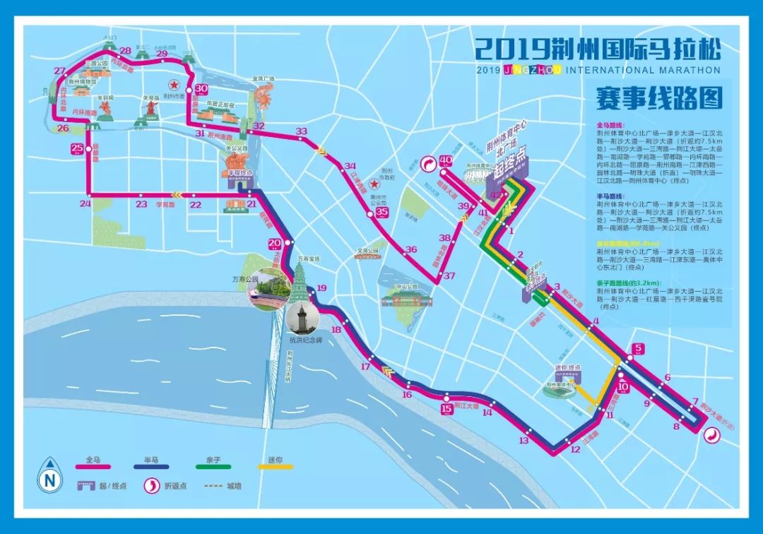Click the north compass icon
click(x=49, y=480)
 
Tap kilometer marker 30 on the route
click(x=201, y=88)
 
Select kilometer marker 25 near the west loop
click(x=77, y=148)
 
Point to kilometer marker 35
click(x=382, y=212)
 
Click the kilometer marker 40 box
click(x=446, y=161)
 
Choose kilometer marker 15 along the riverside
click(x=446, y=408)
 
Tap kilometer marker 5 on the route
click(x=638, y=348)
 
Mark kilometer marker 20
click(x=275, y=244)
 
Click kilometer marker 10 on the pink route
click(x=623, y=387)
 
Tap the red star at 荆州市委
click(x=174, y=85)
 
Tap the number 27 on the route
click(x=59, y=71)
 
